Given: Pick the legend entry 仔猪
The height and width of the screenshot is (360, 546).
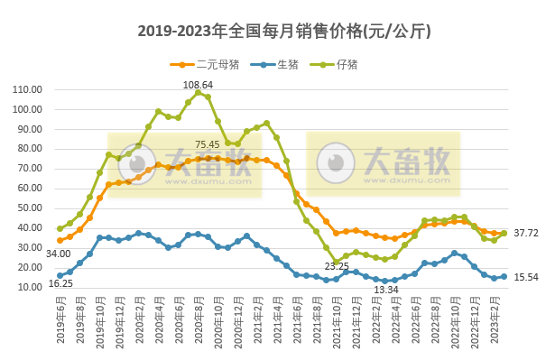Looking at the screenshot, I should click(x=347, y=64).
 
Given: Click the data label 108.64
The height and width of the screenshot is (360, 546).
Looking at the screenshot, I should click(x=198, y=84).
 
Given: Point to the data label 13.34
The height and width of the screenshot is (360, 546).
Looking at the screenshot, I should click(x=385, y=289).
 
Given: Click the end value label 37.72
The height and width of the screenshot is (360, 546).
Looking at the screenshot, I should click(x=526, y=233).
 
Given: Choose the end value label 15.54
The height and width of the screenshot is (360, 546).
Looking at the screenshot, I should click(x=526, y=276).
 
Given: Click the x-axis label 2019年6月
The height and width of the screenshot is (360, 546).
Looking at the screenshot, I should click(x=60, y=320).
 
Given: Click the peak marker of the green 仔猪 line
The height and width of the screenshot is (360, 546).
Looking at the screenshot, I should click(x=198, y=92).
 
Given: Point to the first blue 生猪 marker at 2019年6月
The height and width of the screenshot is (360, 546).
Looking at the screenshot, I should click(x=60, y=275).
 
